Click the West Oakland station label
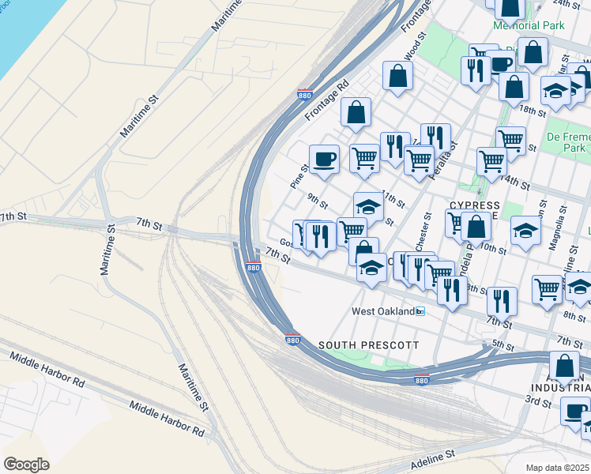pyautogui.click(x=382, y=311)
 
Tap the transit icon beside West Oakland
pyautogui.click(x=421, y=311)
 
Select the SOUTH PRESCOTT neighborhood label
pyautogui.click(x=367, y=345)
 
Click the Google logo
pyautogui.click(x=26, y=464)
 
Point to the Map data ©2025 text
pyautogui.click(x=557, y=468)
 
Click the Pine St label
pyautogui.click(x=298, y=176)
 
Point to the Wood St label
pyautogui.click(x=414, y=45)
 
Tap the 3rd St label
pyautogui.click(x=539, y=402)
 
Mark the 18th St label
pyautogui.click(x=533, y=111)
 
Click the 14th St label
pyautogui.click(x=515, y=182)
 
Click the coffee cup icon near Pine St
pyautogui.click(x=324, y=160)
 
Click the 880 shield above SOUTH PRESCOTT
pyautogui.click(x=292, y=340)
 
